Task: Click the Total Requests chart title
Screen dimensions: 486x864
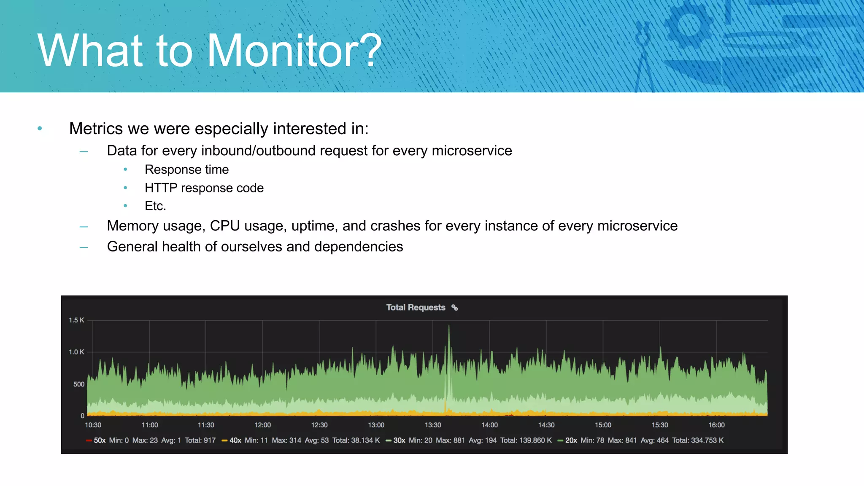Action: [x=416, y=308]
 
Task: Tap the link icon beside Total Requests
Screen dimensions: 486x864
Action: [x=454, y=308]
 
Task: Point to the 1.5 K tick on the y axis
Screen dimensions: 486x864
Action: [x=76, y=320]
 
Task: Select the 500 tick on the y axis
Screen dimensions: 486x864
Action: [x=79, y=384]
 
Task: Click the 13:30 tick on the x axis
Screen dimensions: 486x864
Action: [x=433, y=425]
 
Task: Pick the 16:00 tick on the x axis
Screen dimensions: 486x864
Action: [x=716, y=425]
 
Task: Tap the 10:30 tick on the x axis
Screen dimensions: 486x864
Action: [x=93, y=425]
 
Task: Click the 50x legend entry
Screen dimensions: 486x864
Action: [x=100, y=440]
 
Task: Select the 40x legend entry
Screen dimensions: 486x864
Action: [x=235, y=440]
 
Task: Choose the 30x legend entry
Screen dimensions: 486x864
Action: [x=399, y=440]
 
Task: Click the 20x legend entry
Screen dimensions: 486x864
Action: [x=571, y=440]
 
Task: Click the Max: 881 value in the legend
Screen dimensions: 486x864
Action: [x=450, y=440]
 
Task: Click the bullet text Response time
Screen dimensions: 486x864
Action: [x=186, y=170]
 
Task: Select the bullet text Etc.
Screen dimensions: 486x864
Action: [x=155, y=206]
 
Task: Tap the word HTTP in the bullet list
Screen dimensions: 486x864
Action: [x=161, y=188]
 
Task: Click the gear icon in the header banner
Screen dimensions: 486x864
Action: [x=689, y=25]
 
